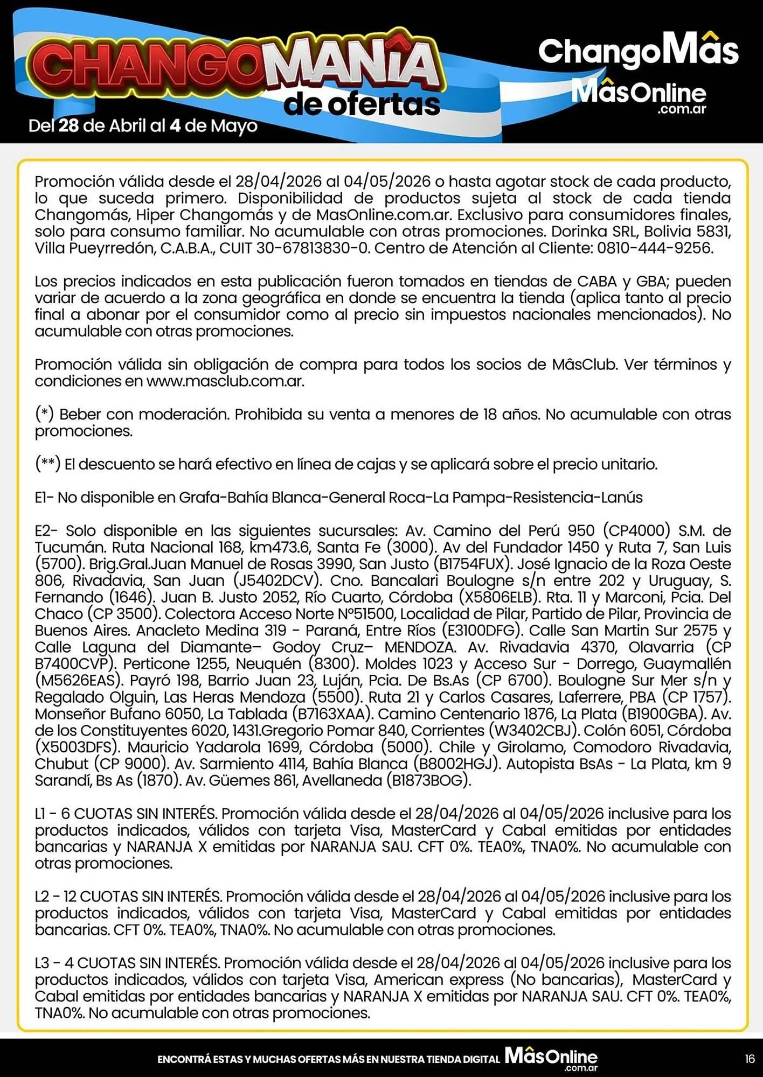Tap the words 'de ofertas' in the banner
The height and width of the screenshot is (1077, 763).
point(362,104)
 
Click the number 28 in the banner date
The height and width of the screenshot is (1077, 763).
point(68,125)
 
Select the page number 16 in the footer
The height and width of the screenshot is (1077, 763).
point(750,1059)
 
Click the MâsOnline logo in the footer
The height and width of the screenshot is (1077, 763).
point(551,1058)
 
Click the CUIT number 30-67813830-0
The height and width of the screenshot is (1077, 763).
point(317,248)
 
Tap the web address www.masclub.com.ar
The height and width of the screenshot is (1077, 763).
point(225,381)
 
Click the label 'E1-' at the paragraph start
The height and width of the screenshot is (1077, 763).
point(44,498)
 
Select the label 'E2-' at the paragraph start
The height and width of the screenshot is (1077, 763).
point(46,531)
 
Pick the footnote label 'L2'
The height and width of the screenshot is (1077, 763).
point(43,897)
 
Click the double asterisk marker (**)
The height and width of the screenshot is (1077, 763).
point(47,464)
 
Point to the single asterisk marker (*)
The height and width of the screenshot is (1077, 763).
point(44,414)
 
